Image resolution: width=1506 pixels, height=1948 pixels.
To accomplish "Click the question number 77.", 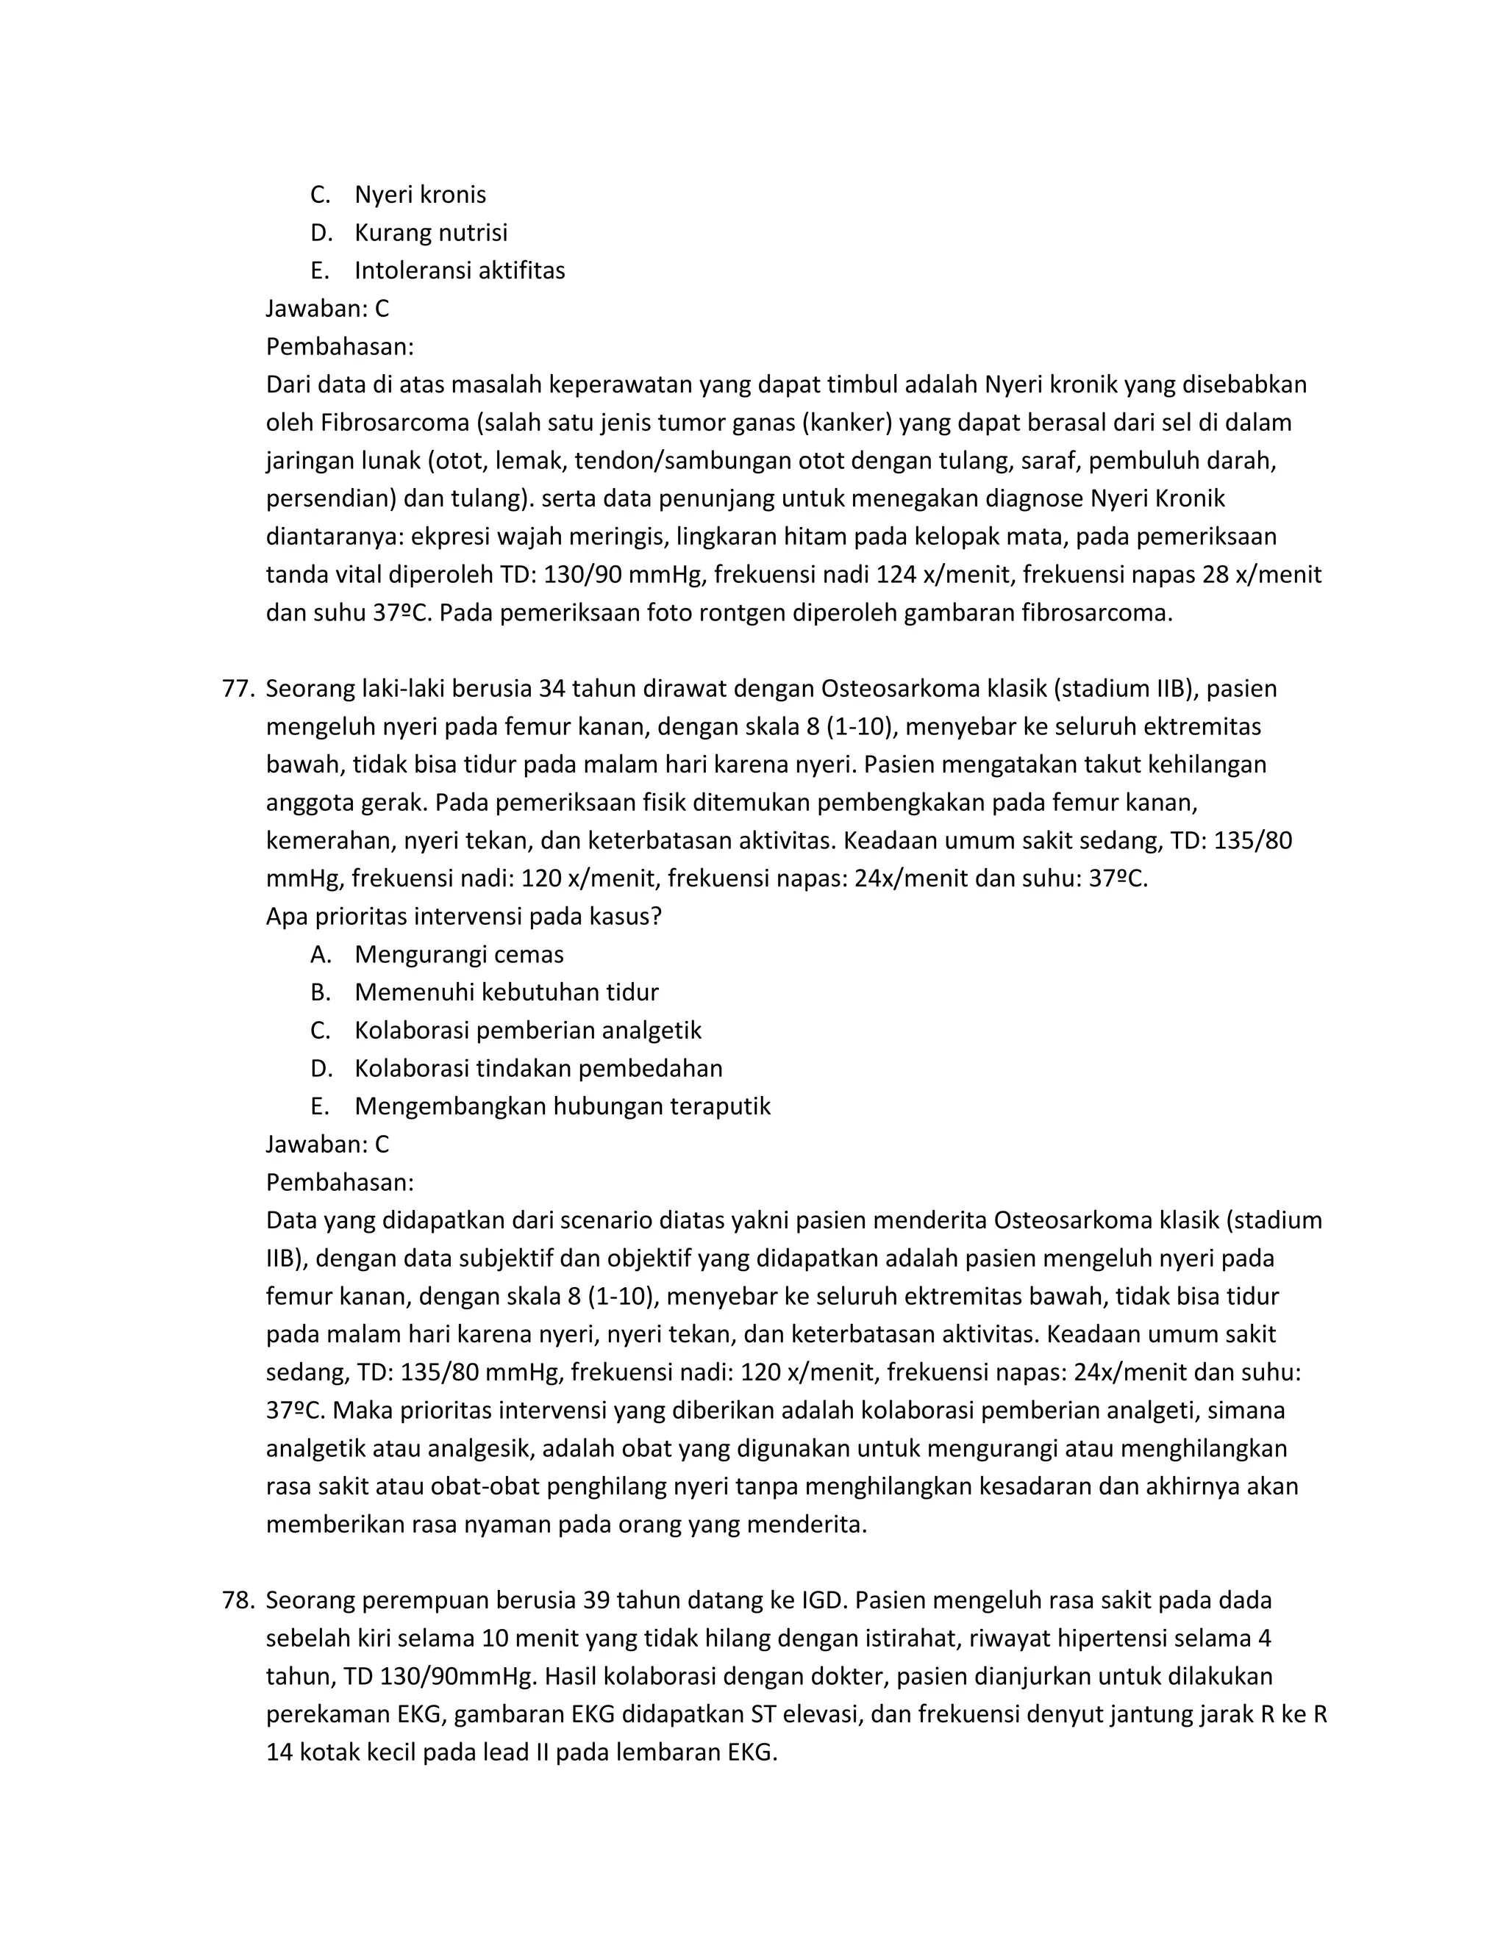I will coord(238,689).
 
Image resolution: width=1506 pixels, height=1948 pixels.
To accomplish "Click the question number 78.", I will coord(238,1600).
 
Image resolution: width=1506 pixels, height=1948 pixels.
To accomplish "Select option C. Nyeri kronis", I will coord(419,195).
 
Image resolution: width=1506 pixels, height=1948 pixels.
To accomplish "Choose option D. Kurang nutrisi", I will coord(430,233).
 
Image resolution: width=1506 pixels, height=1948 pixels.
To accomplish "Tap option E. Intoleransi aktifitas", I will coord(459,271).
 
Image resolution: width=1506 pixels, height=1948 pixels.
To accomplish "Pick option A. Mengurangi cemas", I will coord(459,954).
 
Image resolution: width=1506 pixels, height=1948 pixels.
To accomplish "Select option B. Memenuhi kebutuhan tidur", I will coord(506,992).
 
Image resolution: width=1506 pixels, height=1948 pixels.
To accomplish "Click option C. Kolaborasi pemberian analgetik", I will coord(527,1030).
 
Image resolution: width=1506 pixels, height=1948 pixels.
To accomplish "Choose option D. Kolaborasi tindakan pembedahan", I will coord(538,1069).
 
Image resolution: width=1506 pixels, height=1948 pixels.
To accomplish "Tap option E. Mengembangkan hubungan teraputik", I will coord(562,1106).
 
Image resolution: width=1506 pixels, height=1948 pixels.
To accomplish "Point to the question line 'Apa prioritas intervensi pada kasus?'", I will coord(463,916).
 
